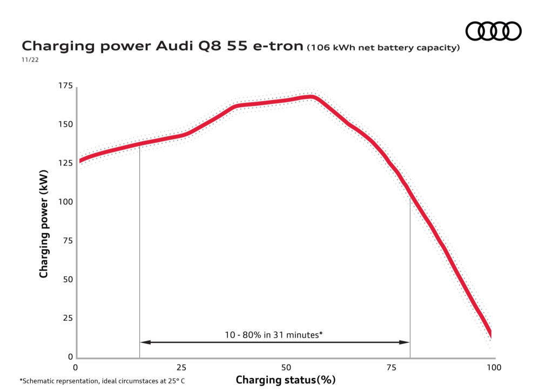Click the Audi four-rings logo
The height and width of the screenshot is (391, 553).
click(x=493, y=31)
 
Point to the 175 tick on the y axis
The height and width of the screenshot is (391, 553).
click(x=65, y=85)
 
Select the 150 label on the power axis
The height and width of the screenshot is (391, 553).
click(x=65, y=124)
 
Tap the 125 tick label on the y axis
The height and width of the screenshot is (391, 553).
click(x=65, y=163)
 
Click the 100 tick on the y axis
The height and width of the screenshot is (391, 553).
click(x=65, y=202)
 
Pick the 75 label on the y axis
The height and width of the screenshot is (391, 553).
click(x=68, y=241)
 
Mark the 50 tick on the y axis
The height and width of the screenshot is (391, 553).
click(x=68, y=280)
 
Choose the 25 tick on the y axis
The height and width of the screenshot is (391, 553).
click(x=68, y=318)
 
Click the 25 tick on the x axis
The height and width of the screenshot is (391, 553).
click(x=181, y=368)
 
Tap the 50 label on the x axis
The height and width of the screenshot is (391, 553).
click(x=286, y=368)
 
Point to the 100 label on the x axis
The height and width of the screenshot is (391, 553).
click(x=494, y=368)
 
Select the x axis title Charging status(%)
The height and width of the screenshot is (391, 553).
click(x=286, y=380)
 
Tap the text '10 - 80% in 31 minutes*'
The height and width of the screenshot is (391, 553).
click(x=274, y=335)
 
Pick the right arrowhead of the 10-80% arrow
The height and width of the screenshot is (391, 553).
click(x=404, y=342)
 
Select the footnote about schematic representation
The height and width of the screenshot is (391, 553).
click(x=102, y=381)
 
